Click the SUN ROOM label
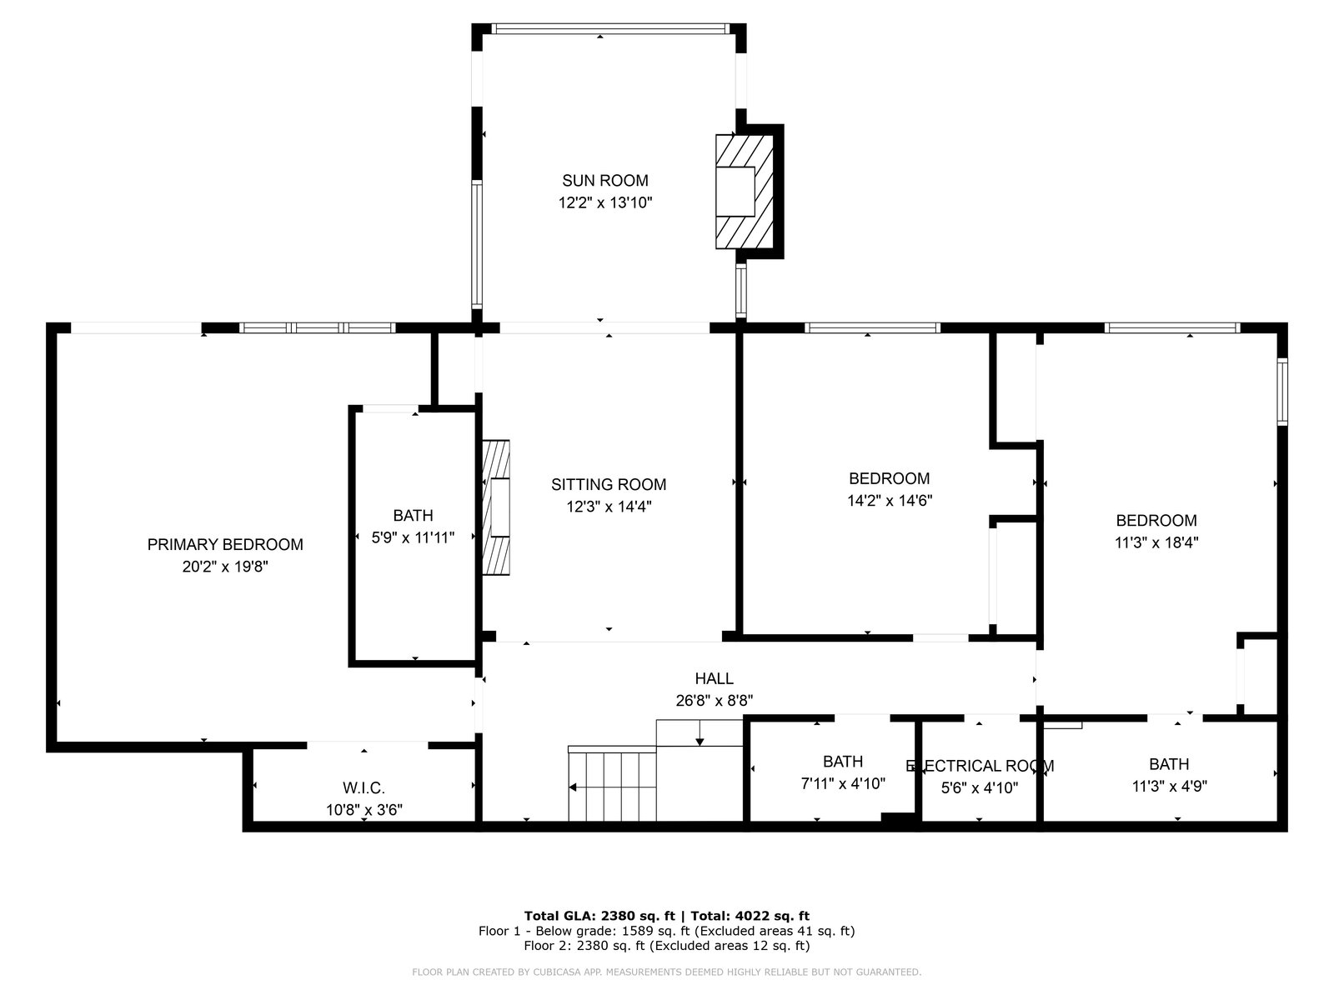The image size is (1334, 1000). (x=604, y=180)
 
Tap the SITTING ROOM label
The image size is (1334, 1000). (x=609, y=484)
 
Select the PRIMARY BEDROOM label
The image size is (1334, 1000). (x=225, y=545)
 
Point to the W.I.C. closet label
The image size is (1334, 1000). (x=364, y=788)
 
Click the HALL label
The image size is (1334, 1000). (x=714, y=678)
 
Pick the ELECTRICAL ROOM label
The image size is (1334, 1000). (x=980, y=766)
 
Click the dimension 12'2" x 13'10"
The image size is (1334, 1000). (x=605, y=202)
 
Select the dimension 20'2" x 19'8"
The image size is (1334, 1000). (x=225, y=567)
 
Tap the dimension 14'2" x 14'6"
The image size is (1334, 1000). (x=890, y=501)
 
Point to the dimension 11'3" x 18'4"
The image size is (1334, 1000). (x=1156, y=542)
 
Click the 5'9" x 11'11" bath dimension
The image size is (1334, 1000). (x=413, y=537)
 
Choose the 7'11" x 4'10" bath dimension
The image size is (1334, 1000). (x=843, y=784)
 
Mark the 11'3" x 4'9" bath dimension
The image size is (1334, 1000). (x=1169, y=787)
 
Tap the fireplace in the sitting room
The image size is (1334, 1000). (x=496, y=507)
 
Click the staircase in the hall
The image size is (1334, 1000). (x=655, y=771)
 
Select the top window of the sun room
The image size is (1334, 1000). (x=609, y=28)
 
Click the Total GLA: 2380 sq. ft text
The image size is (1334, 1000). (x=599, y=916)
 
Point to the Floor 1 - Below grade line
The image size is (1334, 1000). (x=666, y=931)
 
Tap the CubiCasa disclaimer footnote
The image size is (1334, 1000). (x=667, y=972)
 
